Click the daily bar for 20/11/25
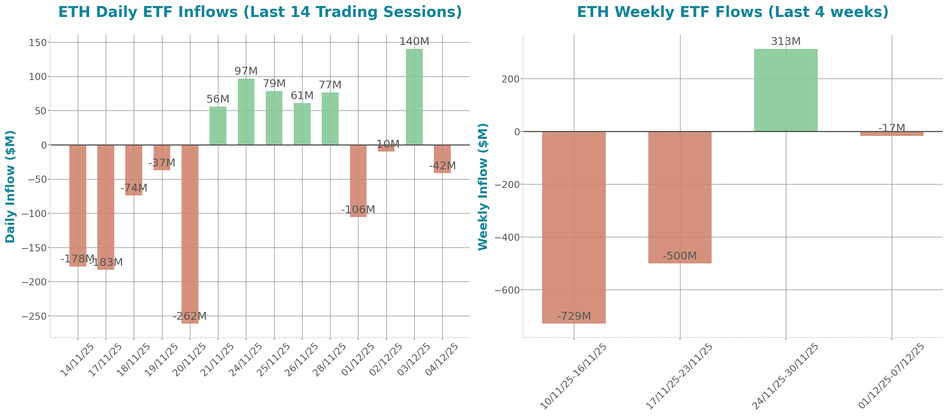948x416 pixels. click(x=190, y=234)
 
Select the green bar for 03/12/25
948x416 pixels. click(x=414, y=96)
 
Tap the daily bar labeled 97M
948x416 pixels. click(x=246, y=112)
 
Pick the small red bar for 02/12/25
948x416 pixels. click(x=386, y=148)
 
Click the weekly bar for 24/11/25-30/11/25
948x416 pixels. click(x=786, y=90)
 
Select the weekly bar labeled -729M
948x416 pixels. click(x=574, y=227)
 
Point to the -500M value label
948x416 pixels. click(x=680, y=256)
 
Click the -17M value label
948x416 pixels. click(x=891, y=128)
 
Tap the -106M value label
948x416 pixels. click(x=358, y=210)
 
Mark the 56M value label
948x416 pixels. click(x=218, y=99)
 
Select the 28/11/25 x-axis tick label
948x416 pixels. click(x=329, y=360)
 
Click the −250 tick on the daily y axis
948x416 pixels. click(x=34, y=316)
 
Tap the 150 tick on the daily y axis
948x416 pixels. click(x=38, y=43)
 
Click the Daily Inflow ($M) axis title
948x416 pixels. click(x=10, y=186)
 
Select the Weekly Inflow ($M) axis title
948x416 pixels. click(x=482, y=186)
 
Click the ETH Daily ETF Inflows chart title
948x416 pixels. click(x=260, y=12)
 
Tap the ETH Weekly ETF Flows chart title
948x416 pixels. click(x=732, y=12)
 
